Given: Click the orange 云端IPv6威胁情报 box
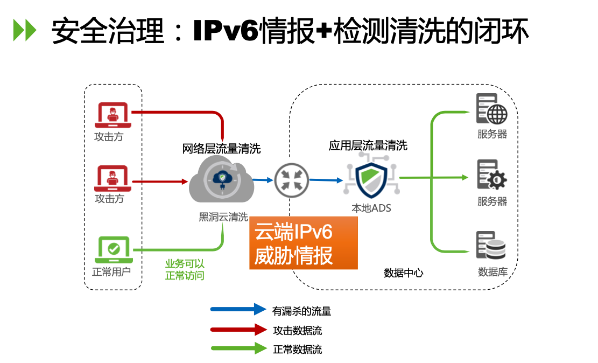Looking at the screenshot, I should click(303, 243).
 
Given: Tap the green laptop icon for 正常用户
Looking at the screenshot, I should click(114, 248).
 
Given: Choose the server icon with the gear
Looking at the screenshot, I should click(491, 174).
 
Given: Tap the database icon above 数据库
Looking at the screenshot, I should click(491, 246).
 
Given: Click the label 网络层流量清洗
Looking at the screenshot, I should click(221, 149).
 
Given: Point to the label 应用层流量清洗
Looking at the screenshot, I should click(368, 145).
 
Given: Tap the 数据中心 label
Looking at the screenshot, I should click(403, 273).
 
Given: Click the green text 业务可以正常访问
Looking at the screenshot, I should click(185, 269).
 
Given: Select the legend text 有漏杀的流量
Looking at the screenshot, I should click(301, 311).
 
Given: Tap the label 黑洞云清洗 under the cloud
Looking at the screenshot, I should click(223, 217).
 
